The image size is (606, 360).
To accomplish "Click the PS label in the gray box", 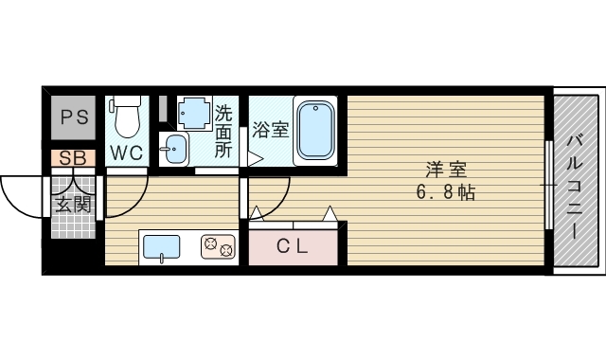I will [73, 118].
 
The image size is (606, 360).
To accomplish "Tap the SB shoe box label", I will [73, 158].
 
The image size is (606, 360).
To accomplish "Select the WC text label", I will [127, 153].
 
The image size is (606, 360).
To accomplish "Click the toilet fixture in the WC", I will [127, 117].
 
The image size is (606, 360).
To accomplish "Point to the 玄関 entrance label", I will [73, 204].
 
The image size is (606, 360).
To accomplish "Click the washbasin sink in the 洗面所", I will [175, 147].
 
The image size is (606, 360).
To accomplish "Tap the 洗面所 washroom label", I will [223, 131].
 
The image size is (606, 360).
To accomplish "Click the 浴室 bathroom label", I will [270, 130].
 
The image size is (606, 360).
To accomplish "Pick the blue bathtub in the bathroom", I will [315, 131].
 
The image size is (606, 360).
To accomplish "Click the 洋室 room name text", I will [446, 171].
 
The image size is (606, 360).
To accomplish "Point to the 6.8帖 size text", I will [446, 193].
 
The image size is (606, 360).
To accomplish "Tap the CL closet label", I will [293, 247].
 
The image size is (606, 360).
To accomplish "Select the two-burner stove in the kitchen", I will [219, 247].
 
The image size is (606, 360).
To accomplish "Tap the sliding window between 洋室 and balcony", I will [548, 185].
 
